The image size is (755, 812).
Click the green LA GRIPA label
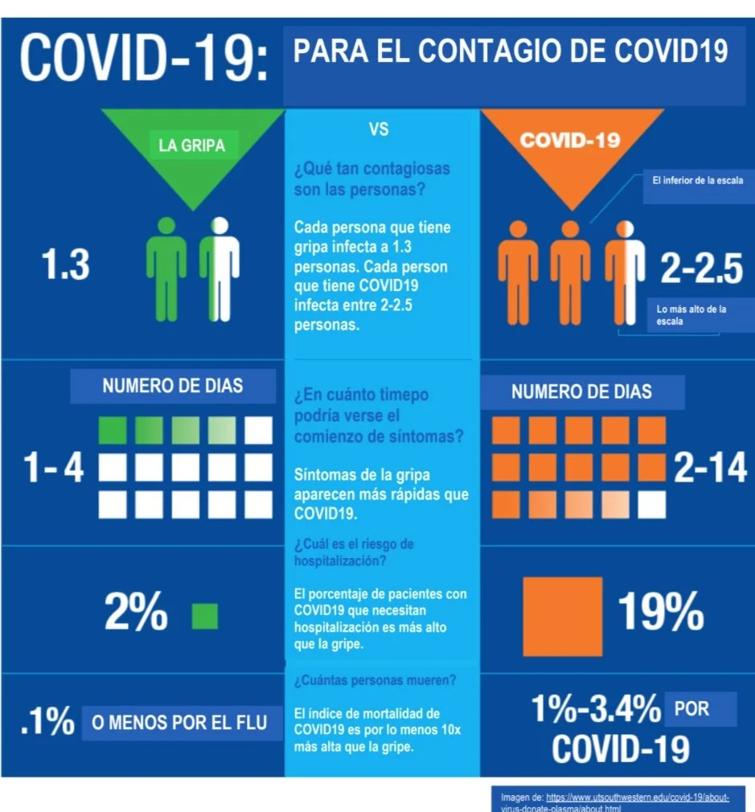click(x=191, y=145)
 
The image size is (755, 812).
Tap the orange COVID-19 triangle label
click(x=570, y=141)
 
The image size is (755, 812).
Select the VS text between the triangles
click(x=379, y=129)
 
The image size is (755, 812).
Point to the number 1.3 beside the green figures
click(x=65, y=265)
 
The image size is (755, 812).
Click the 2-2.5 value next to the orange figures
click(x=701, y=269)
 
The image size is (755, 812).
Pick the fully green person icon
click(x=166, y=269)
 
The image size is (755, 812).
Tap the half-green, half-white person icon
click(x=220, y=269)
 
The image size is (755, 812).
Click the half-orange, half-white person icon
click(x=625, y=273)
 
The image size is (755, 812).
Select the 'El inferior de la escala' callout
click(x=698, y=181)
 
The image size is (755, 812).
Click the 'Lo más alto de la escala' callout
click(x=691, y=315)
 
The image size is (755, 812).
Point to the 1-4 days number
click(x=53, y=468)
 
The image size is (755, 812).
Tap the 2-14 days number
click(x=710, y=468)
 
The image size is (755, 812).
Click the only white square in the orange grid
click(x=651, y=505)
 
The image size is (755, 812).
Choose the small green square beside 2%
click(x=204, y=617)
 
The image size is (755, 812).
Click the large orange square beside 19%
click(x=562, y=617)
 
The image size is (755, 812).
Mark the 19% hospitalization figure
click(x=661, y=612)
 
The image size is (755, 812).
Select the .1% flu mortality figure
click(x=47, y=720)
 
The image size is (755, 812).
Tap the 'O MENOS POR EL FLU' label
click(x=179, y=723)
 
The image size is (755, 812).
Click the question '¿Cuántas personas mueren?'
click(x=375, y=680)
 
